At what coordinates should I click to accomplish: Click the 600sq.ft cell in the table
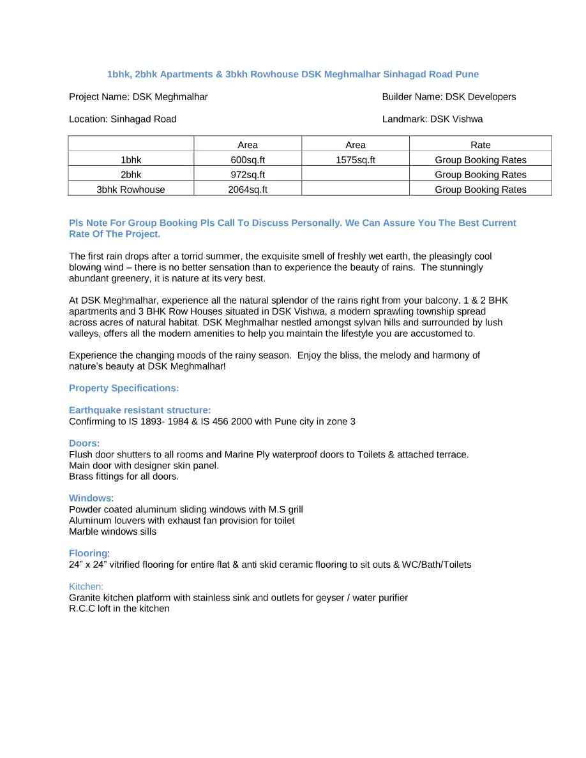pyautogui.click(x=248, y=160)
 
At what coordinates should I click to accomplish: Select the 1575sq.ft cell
pyautogui.click(x=356, y=160)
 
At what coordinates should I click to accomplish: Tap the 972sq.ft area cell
pyautogui.click(x=248, y=174)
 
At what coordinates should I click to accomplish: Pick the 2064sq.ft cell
pyautogui.click(x=248, y=189)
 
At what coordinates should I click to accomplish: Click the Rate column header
pyautogui.click(x=480, y=145)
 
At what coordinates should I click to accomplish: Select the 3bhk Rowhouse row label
pyautogui.click(x=131, y=189)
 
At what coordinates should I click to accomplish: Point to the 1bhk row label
pyautogui.click(x=131, y=160)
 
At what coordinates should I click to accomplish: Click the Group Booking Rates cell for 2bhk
pyautogui.click(x=480, y=174)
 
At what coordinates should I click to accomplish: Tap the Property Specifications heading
pyautogui.click(x=124, y=388)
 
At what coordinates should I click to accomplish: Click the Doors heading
pyautogui.click(x=84, y=443)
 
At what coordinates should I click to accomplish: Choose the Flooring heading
pyautogui.click(x=89, y=553)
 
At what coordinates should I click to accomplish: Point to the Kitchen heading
pyautogui.click(x=86, y=586)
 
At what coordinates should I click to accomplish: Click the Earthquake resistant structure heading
pyautogui.click(x=140, y=410)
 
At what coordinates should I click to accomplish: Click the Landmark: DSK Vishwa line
pyautogui.click(x=432, y=119)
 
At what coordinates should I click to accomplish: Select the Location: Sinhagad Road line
pyautogui.click(x=123, y=119)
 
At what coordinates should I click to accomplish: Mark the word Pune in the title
pyautogui.click(x=467, y=74)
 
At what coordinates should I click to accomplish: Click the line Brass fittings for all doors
pyautogui.click(x=124, y=476)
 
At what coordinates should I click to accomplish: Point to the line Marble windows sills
pyautogui.click(x=112, y=531)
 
